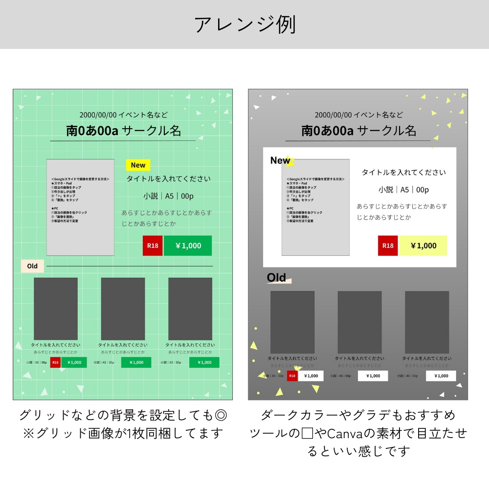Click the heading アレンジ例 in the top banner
click(244, 25)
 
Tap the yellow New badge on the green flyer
click(138, 165)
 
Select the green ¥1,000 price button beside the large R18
click(188, 245)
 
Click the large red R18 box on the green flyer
click(153, 245)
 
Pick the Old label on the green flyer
click(32, 266)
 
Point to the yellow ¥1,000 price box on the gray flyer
click(423, 245)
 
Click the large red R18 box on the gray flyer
click(388, 245)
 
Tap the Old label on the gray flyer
click(277, 278)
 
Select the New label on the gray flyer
click(280, 160)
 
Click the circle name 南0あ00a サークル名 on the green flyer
click(124, 131)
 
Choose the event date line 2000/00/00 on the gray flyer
click(359, 115)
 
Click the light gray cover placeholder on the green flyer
click(81, 207)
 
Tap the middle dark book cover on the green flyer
click(123, 309)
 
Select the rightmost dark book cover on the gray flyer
click(427, 322)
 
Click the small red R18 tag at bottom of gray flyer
click(292, 376)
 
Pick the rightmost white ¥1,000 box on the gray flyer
click(441, 376)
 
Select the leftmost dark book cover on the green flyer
click(56, 309)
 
